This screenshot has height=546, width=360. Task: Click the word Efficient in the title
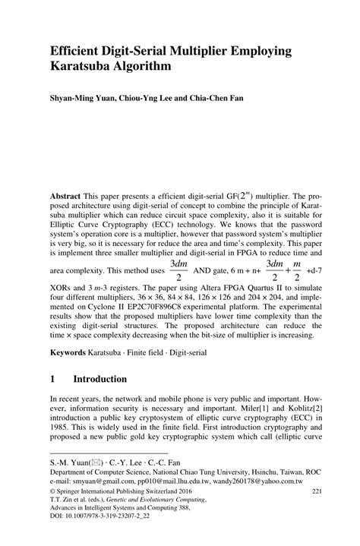[x=80, y=50]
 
